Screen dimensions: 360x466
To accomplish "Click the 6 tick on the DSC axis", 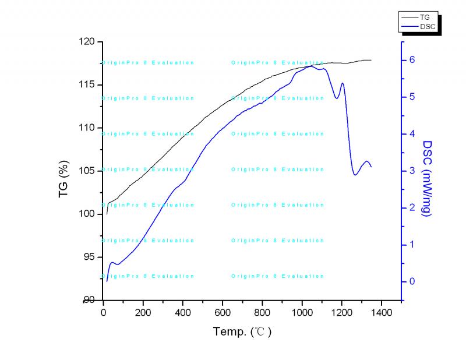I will click(411, 60).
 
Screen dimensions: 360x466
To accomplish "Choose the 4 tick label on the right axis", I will click(411, 134).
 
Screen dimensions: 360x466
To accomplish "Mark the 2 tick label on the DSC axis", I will click(411, 208).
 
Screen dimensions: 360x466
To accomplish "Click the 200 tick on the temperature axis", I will click(143, 313).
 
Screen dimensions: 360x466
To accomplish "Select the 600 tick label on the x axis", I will click(223, 313).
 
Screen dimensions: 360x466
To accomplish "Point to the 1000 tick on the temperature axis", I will click(302, 313).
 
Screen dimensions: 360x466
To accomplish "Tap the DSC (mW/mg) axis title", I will click(427, 178).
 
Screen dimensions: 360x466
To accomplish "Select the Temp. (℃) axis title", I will click(242, 332).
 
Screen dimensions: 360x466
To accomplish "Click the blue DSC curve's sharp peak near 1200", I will click(342, 83).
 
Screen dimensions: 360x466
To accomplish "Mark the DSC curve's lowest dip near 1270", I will click(355, 174).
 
